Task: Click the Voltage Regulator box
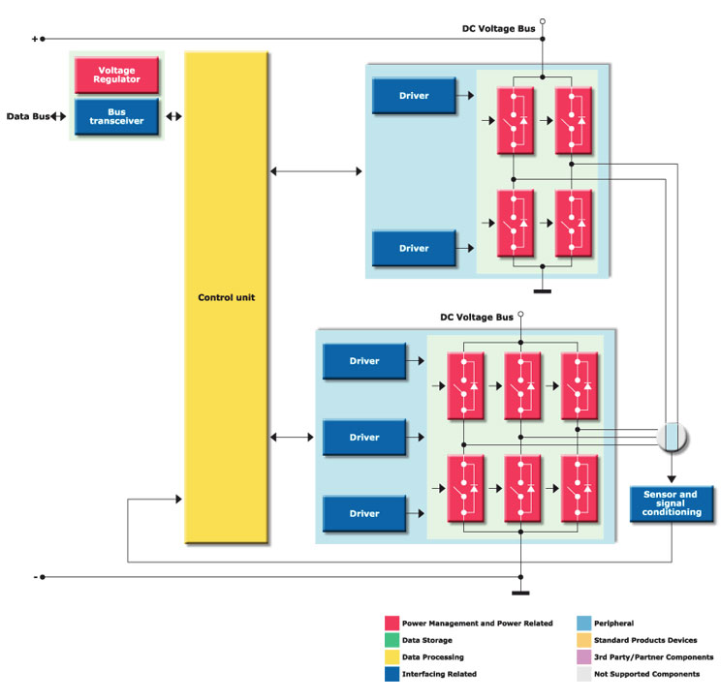coord(115,76)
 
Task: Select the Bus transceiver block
coord(115,117)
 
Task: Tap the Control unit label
coord(225,297)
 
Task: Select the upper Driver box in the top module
coord(414,96)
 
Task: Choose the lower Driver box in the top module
coord(414,248)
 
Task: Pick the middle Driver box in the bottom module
coord(364,437)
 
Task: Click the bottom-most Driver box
coord(364,512)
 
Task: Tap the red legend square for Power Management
coord(392,624)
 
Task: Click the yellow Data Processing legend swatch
coord(392,656)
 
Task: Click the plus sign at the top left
coord(36,39)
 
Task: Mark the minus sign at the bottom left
coord(36,577)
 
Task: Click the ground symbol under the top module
coord(543,289)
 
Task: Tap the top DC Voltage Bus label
coord(498,29)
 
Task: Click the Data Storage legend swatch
coord(392,640)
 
